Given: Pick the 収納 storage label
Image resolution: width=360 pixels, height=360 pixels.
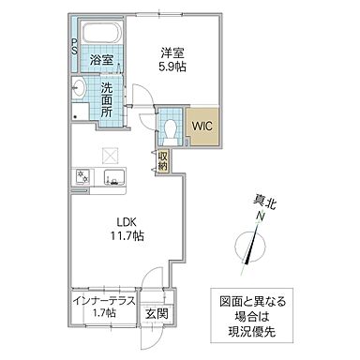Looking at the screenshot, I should tap(162, 160).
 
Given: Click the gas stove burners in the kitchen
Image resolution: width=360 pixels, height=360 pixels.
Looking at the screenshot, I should tap(82, 176).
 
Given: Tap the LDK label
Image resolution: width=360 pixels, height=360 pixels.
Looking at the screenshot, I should tap(127, 222).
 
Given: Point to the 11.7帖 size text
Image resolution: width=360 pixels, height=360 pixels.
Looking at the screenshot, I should tap(127, 237).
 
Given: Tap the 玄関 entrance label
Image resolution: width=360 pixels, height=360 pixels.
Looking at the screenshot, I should tap(156, 314).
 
